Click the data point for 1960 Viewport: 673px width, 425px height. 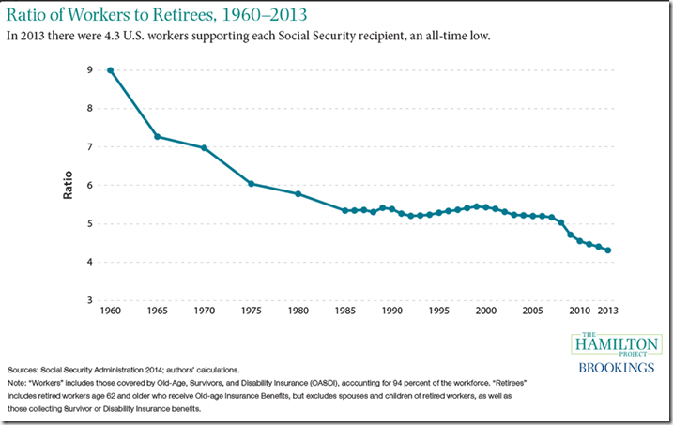tap(110, 69)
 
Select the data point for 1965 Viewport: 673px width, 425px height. tap(157, 137)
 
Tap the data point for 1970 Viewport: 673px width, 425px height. tap(204, 148)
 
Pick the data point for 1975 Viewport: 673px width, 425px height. tap(251, 183)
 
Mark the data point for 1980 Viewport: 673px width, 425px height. tap(298, 193)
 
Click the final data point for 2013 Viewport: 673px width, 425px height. tap(606, 250)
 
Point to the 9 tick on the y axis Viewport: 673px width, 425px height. tap(89, 69)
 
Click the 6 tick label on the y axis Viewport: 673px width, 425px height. tap(89, 185)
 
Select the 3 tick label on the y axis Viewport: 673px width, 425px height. tap(89, 300)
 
